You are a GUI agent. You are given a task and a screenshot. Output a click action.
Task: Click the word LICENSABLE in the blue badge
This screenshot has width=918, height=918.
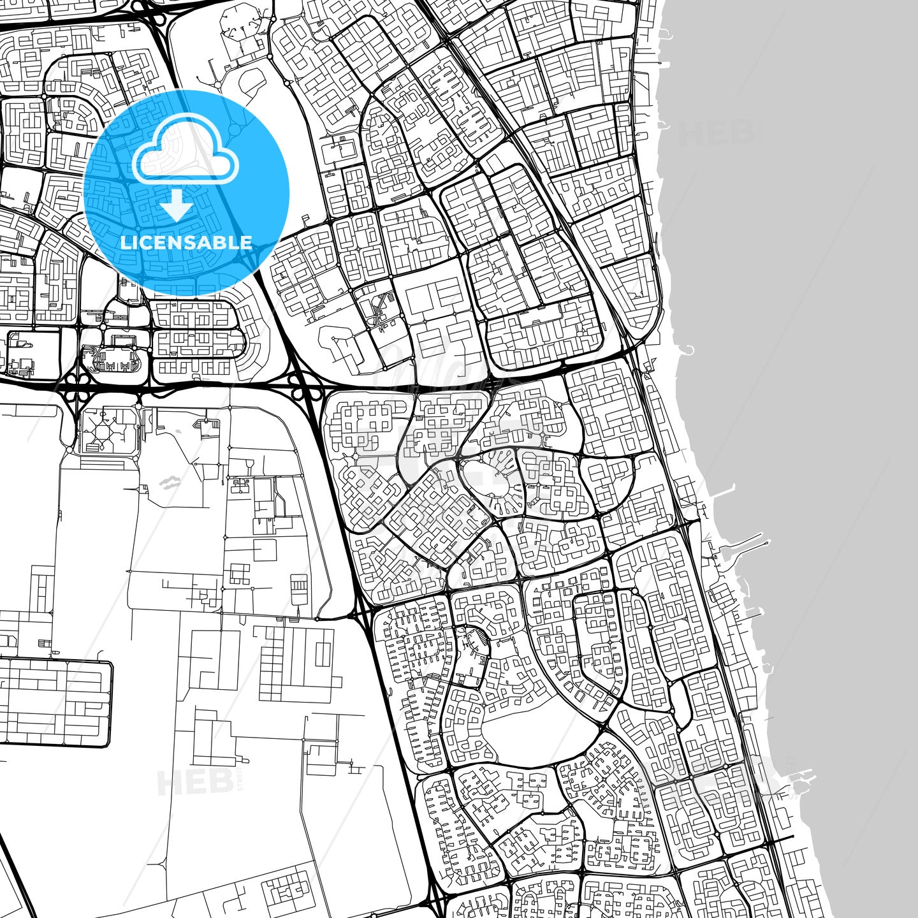(x=186, y=242)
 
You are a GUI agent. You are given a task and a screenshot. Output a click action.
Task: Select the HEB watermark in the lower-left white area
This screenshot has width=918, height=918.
(x=194, y=781)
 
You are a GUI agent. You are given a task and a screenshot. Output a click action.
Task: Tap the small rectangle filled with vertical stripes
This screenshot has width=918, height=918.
(x=299, y=590)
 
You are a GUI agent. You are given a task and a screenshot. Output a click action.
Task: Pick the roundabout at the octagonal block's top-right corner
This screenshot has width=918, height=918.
(x=138, y=406)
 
